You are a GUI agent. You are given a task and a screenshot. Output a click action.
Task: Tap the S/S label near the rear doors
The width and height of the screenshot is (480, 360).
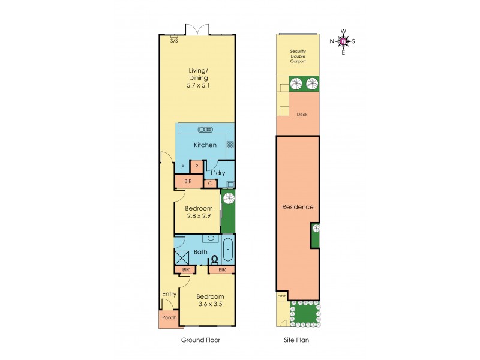click(x=174, y=41)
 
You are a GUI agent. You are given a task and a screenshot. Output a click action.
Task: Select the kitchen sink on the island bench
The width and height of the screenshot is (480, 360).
click(x=205, y=129)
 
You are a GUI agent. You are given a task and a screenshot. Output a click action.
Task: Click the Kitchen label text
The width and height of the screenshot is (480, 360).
click(x=205, y=145)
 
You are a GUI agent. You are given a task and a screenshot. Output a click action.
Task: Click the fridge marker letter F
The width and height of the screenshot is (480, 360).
click(x=182, y=167)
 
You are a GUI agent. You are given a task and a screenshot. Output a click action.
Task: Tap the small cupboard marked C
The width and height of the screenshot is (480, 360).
click(x=210, y=183)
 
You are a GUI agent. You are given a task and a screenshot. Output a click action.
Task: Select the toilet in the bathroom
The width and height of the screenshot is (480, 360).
click(x=214, y=259)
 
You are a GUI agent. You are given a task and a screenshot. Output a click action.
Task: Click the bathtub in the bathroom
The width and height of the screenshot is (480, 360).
click(x=228, y=251)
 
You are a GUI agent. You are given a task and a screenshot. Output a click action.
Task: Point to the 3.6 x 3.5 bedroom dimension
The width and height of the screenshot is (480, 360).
click(x=211, y=304)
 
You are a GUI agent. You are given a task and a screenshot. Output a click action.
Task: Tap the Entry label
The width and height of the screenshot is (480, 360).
click(x=169, y=293)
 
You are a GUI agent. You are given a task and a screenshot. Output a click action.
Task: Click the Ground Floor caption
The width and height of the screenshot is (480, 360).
click(x=200, y=340)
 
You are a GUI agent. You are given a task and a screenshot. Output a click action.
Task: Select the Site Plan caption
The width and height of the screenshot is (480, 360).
click(x=296, y=340)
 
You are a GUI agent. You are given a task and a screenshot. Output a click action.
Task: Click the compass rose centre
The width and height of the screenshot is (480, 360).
click(x=343, y=41)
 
